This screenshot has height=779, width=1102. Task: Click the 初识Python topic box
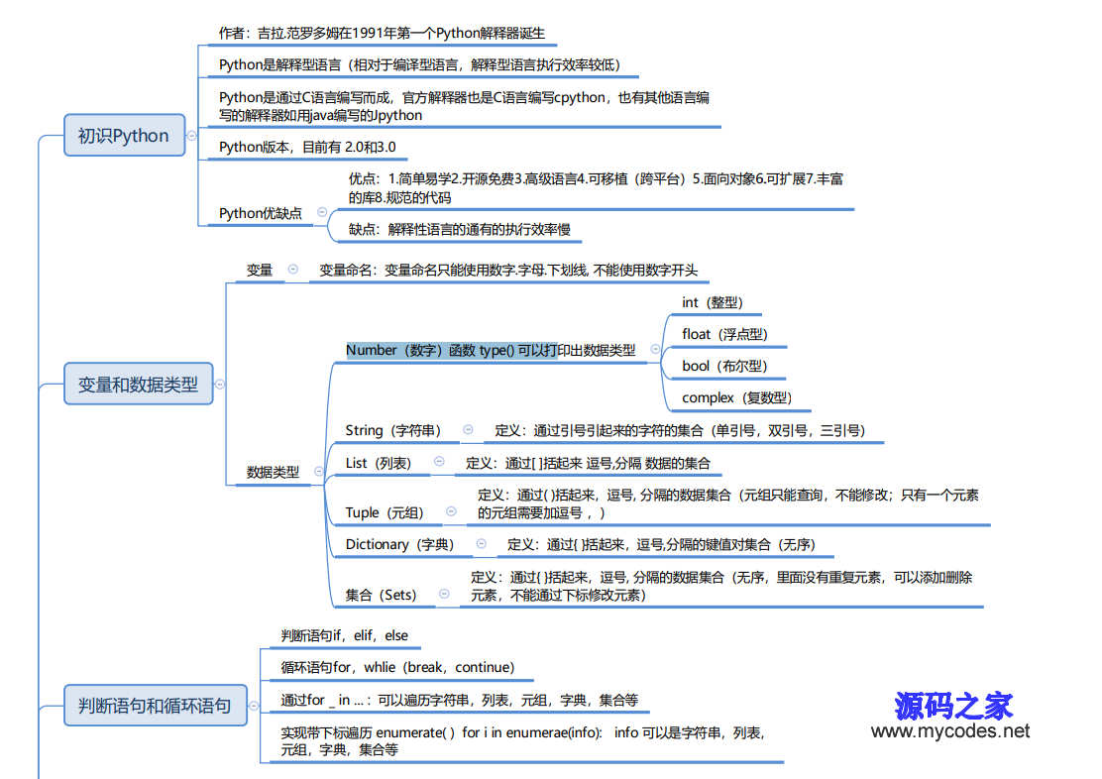pyautogui.click(x=125, y=135)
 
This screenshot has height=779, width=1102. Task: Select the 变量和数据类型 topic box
pyautogui.click(x=139, y=384)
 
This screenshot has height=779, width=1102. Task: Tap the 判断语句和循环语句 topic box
pyautogui.click(x=156, y=706)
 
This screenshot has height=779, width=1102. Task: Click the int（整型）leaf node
pyautogui.click(x=712, y=302)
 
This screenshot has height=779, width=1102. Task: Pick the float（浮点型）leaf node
pyautogui.click(x=724, y=334)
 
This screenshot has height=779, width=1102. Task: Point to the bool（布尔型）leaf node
pyautogui.click(x=724, y=366)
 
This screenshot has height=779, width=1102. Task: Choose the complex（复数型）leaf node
pyautogui.click(x=736, y=398)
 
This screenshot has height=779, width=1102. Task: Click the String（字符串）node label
pyautogui.click(x=392, y=430)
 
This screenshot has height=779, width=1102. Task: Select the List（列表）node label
pyautogui.click(x=379, y=463)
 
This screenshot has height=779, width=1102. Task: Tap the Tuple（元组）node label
pyautogui.click(x=385, y=512)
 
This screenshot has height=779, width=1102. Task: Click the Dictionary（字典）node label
pyautogui.click(x=399, y=544)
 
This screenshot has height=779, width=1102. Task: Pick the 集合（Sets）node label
pyautogui.click(x=381, y=595)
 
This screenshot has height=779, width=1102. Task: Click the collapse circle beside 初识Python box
pyautogui.click(x=192, y=135)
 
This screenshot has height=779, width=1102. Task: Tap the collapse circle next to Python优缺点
pyautogui.click(x=322, y=212)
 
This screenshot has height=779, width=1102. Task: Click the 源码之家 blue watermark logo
pyautogui.click(x=953, y=706)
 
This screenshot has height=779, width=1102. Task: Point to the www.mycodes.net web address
pyautogui.click(x=950, y=731)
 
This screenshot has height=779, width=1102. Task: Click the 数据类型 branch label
pyautogui.click(x=273, y=472)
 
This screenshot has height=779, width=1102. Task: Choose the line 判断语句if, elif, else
pyautogui.click(x=345, y=635)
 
